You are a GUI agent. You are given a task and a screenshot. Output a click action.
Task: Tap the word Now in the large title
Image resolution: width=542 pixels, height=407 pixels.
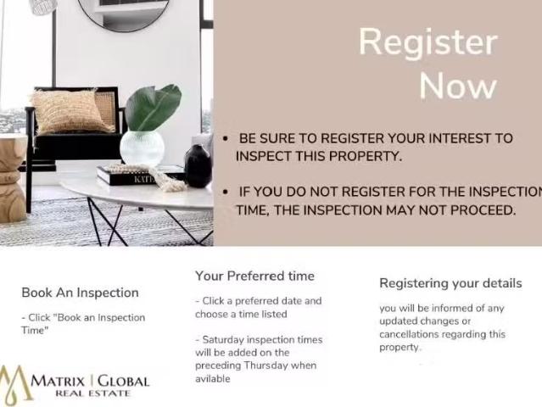pos(458,86)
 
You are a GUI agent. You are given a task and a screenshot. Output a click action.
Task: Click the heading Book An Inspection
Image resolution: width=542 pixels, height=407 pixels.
pos(81,293)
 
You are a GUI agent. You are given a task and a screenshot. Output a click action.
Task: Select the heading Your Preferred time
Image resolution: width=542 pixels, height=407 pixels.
pos(254,276)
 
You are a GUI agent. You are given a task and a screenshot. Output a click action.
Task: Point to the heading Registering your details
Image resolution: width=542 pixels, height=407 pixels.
pos(450,284)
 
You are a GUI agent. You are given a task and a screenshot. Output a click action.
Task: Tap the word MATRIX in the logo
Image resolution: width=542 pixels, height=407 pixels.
pos(58,382)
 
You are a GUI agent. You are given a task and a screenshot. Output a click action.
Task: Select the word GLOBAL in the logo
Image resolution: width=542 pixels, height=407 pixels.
pos(123,382)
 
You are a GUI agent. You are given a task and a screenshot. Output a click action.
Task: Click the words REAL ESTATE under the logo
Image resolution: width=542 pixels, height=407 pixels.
pos(92,393)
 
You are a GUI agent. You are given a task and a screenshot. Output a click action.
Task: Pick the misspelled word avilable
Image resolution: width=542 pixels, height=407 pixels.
pos(213,379)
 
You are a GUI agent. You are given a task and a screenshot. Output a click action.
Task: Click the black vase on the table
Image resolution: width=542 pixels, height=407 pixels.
pos(198,166)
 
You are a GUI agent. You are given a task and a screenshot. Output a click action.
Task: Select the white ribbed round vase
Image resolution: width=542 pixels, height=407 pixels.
pos(142,148)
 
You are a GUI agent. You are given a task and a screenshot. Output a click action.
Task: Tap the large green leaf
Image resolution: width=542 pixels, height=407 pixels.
pos(154,107)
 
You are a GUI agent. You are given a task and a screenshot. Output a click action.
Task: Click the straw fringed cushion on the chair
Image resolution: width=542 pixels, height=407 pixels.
pos(72,112)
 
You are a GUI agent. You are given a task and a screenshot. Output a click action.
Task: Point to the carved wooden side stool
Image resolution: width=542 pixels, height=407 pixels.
pos(12,179)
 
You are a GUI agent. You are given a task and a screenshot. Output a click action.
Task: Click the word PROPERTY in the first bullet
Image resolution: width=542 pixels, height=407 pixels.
pos(366,156)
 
